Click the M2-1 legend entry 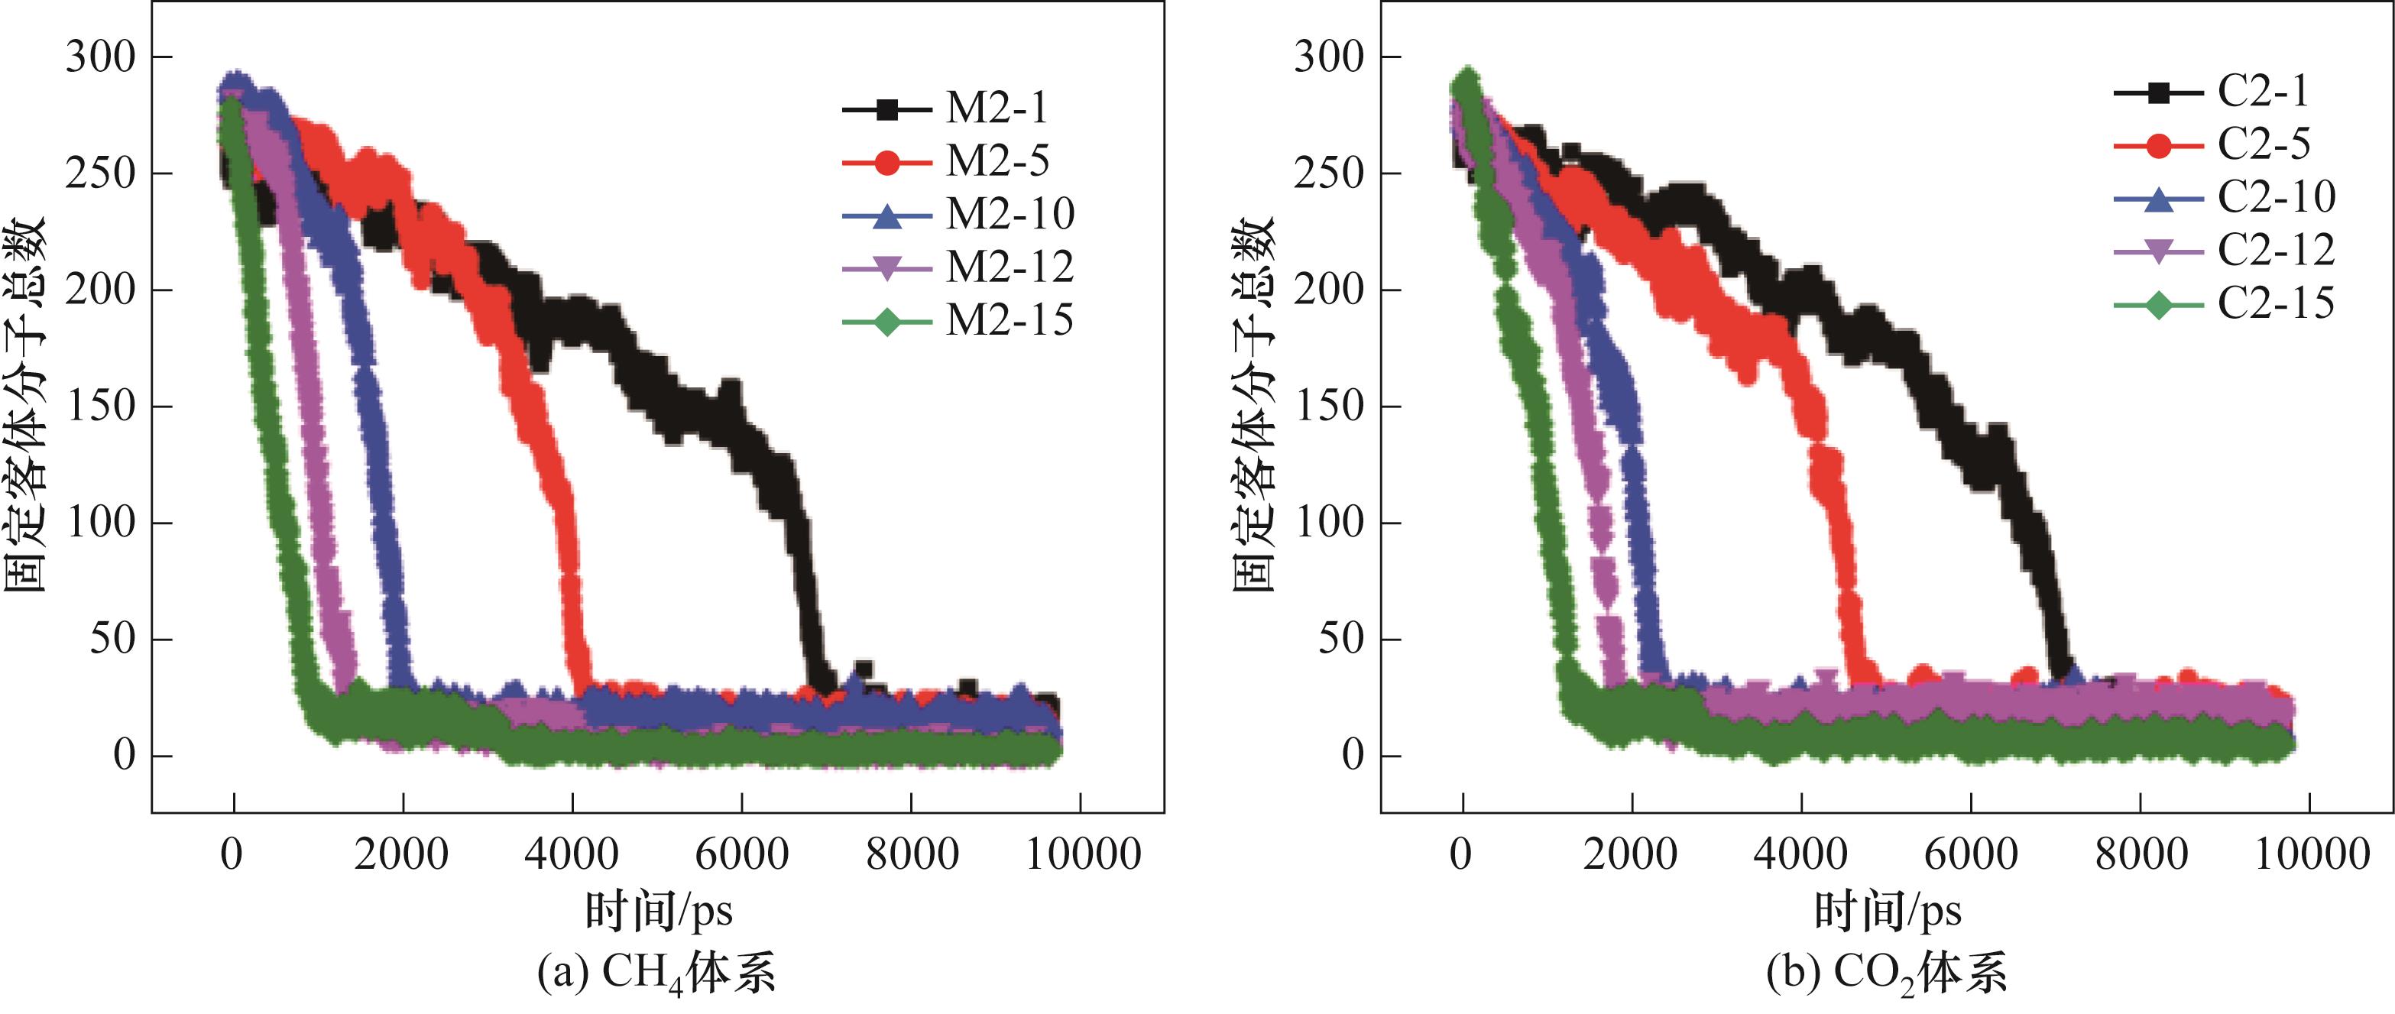[996, 109]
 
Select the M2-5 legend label [997, 162]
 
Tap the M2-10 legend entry [1010, 215]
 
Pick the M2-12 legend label [1010, 267]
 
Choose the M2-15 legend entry [1010, 321]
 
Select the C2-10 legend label [2276, 197]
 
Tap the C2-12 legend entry [2276, 250]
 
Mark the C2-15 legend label [2276, 304]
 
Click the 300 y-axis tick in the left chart [100, 57]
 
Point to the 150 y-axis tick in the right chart [1330, 407]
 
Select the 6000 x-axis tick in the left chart [741, 854]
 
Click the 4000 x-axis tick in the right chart [1801, 854]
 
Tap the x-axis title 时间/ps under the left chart [658, 911]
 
